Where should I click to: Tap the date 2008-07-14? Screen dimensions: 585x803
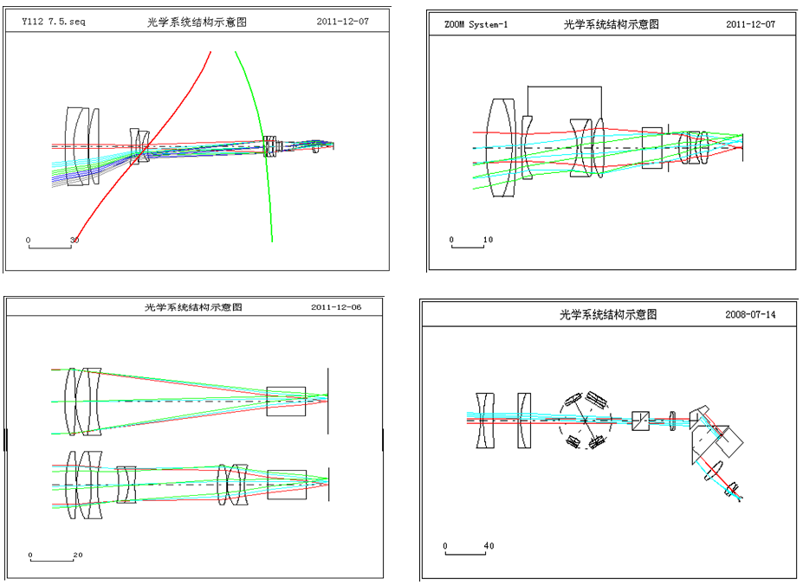(x=749, y=314)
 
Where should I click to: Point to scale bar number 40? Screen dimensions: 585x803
(x=489, y=546)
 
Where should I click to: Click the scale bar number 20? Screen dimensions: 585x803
(x=77, y=555)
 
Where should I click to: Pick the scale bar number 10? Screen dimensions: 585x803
(x=488, y=239)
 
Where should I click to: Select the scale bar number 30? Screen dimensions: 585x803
(x=74, y=240)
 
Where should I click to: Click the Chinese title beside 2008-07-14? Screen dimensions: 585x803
(x=607, y=314)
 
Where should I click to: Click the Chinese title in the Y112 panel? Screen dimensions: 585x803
(x=197, y=22)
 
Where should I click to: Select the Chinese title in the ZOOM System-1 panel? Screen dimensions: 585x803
(x=611, y=24)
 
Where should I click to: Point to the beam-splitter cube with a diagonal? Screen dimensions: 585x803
(x=641, y=421)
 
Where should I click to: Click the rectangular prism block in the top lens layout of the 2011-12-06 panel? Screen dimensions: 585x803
(x=286, y=401)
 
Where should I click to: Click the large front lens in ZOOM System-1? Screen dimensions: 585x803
(x=502, y=147)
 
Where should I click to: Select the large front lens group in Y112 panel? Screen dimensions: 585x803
(x=79, y=145)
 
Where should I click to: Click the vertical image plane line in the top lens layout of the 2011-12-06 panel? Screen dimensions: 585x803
(x=328, y=401)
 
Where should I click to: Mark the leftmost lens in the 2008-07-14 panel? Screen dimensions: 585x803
(x=484, y=421)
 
